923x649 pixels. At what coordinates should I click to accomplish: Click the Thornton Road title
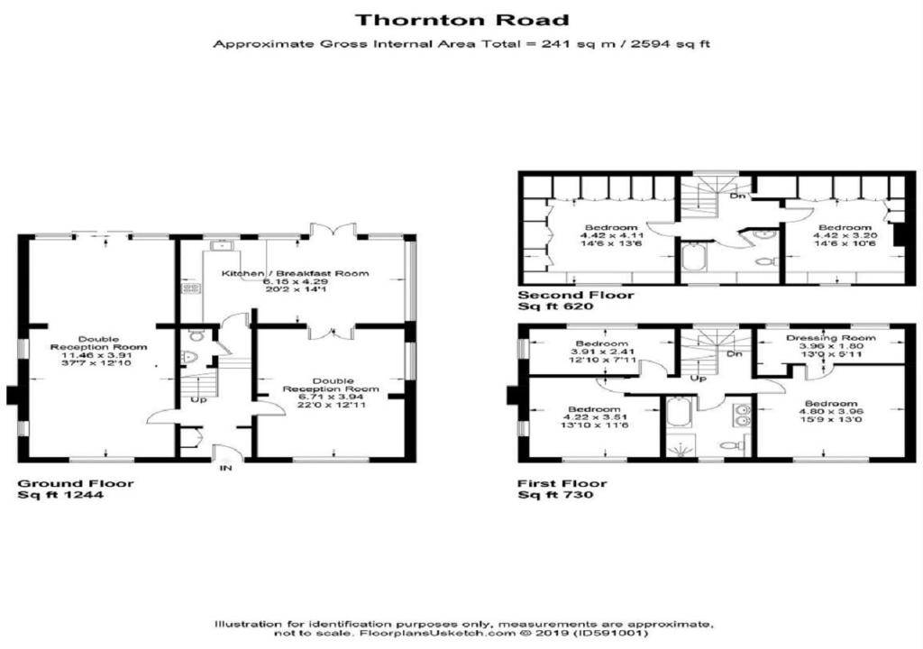[x=462, y=20]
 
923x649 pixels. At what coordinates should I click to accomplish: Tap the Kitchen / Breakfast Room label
[x=295, y=273]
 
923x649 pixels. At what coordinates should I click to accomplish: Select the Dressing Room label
[x=830, y=338]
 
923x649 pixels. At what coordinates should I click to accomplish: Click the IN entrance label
[x=226, y=468]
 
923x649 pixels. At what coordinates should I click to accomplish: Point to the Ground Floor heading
[x=76, y=483]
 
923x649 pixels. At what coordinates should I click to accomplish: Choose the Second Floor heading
[x=576, y=295]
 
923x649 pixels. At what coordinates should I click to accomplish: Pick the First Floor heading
[x=562, y=483]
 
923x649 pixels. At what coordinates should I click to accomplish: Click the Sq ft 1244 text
[x=60, y=495]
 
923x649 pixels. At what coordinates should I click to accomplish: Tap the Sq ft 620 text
[x=555, y=306]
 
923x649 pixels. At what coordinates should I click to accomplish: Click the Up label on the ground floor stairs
[x=199, y=400]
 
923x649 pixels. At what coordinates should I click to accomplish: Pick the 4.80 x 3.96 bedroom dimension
[x=830, y=412]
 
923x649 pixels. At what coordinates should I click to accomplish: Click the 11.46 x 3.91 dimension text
[x=98, y=355]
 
